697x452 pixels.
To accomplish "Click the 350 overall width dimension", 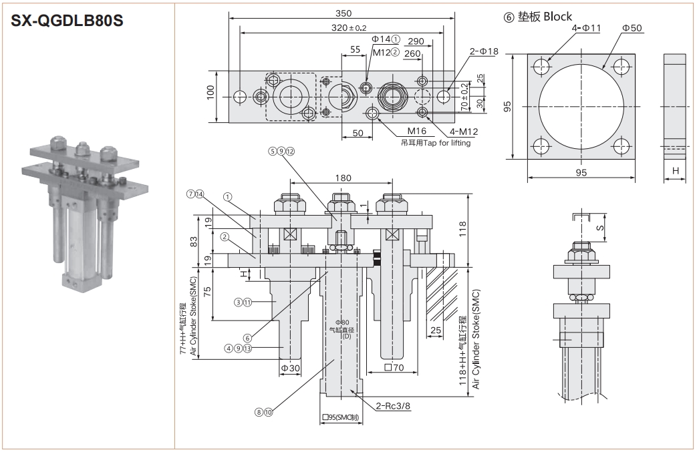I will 343,13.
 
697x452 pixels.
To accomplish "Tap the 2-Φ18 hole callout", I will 484,51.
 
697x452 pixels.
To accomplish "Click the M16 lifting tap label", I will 416,131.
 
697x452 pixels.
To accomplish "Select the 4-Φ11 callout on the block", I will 586,28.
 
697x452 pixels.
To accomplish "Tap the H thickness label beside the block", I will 676,172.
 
